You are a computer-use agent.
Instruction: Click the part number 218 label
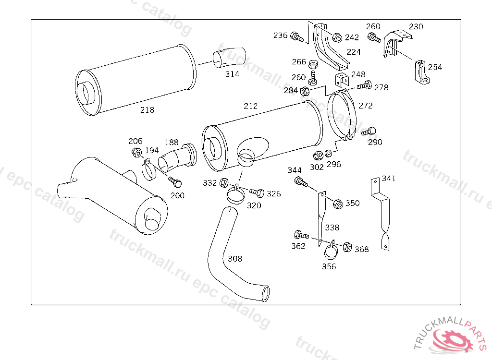(x=147, y=110)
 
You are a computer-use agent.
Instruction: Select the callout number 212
(x=250, y=106)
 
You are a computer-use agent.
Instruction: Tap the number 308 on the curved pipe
(x=235, y=259)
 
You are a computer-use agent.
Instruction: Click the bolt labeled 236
(x=297, y=36)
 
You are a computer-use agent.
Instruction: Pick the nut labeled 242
(x=337, y=37)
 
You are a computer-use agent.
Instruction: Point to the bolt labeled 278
(x=365, y=86)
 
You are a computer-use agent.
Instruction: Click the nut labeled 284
(x=304, y=91)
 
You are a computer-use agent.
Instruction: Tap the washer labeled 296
(x=329, y=154)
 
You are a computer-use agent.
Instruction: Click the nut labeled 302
(x=318, y=156)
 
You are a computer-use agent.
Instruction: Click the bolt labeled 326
(x=257, y=192)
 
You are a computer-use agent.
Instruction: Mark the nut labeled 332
(x=224, y=183)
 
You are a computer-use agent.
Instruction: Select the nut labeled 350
(x=338, y=204)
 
